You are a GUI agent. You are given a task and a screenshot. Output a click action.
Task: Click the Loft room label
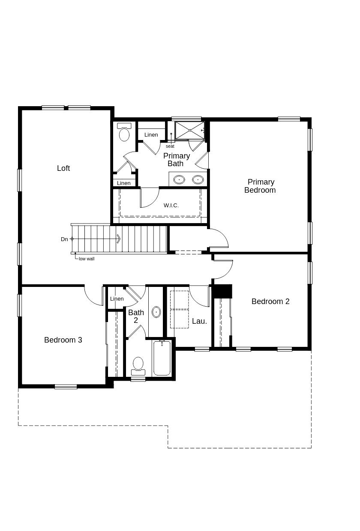(x=63, y=168)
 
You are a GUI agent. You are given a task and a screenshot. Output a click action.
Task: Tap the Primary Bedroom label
(x=260, y=186)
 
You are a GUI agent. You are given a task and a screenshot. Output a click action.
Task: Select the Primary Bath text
(x=176, y=160)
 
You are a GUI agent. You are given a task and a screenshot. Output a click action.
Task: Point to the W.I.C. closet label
(x=171, y=206)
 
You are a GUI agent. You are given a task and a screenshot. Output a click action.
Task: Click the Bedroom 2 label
(x=270, y=301)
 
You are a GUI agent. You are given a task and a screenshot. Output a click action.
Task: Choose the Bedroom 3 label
(x=63, y=340)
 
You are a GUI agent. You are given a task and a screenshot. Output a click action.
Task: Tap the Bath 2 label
(x=136, y=316)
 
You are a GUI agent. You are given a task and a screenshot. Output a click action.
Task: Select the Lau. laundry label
(x=199, y=321)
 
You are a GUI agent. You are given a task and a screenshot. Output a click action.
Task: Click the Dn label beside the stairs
(x=64, y=239)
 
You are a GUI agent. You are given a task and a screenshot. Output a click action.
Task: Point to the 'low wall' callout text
(x=87, y=259)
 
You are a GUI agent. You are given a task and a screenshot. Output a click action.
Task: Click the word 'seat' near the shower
(x=170, y=146)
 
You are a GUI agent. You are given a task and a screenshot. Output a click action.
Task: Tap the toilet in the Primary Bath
(x=124, y=133)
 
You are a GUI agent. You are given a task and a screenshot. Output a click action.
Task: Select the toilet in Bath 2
(x=138, y=365)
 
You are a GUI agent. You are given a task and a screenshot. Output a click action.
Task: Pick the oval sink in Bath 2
(x=156, y=312)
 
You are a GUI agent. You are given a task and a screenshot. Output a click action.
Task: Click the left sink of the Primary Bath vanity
(x=179, y=179)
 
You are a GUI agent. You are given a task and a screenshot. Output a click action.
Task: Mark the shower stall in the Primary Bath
(x=190, y=130)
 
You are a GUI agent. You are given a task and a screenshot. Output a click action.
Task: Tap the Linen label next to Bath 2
(x=117, y=299)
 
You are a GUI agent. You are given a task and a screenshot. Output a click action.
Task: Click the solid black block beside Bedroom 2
(x=222, y=291)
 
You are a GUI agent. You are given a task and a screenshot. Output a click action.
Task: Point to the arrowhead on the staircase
(x=118, y=239)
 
